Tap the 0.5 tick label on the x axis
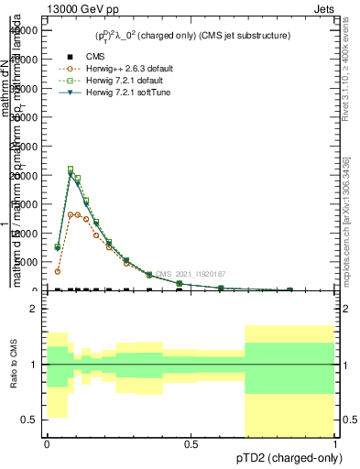[191, 443]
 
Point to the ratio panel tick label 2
[33, 309]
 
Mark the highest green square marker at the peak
[71, 169]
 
